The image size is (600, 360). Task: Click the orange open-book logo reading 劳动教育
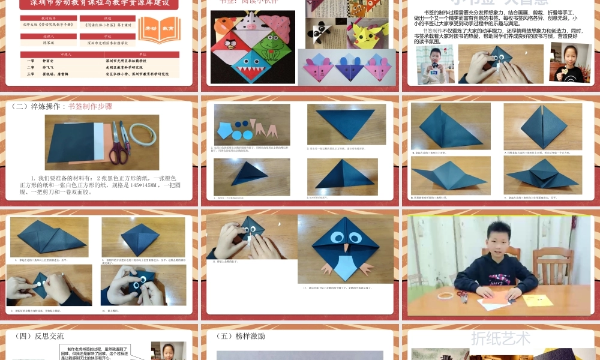pyautogui.click(x=159, y=29)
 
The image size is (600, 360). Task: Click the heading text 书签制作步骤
pyautogui.click(x=90, y=106)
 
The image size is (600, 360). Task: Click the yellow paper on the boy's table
pyautogui.click(x=537, y=299)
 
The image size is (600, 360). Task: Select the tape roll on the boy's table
pyautogui.click(x=445, y=295)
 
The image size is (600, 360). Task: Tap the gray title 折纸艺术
pyautogui.click(x=500, y=338)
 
